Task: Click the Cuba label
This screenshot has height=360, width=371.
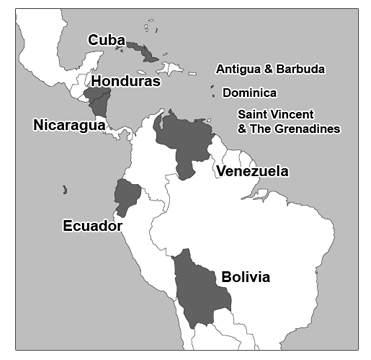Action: pos(106,39)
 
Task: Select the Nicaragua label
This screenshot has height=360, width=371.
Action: pos(64,125)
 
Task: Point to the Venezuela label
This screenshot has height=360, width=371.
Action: pos(252,171)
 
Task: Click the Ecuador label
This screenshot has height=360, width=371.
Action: pos(91,224)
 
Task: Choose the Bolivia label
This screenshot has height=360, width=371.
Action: pos(245,276)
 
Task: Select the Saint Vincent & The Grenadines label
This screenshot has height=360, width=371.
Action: pos(288,121)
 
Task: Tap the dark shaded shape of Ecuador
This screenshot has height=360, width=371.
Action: pos(127,195)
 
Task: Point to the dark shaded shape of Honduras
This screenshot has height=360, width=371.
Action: pos(97,98)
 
